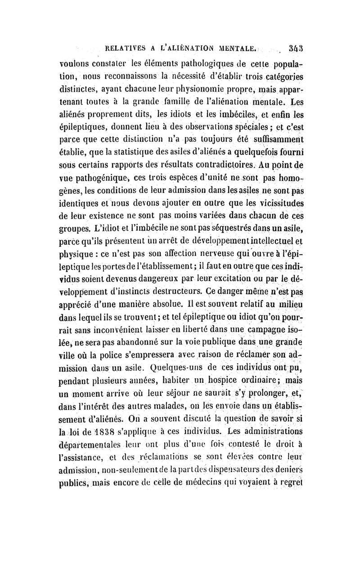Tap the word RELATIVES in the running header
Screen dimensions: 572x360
[x=127, y=46]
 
